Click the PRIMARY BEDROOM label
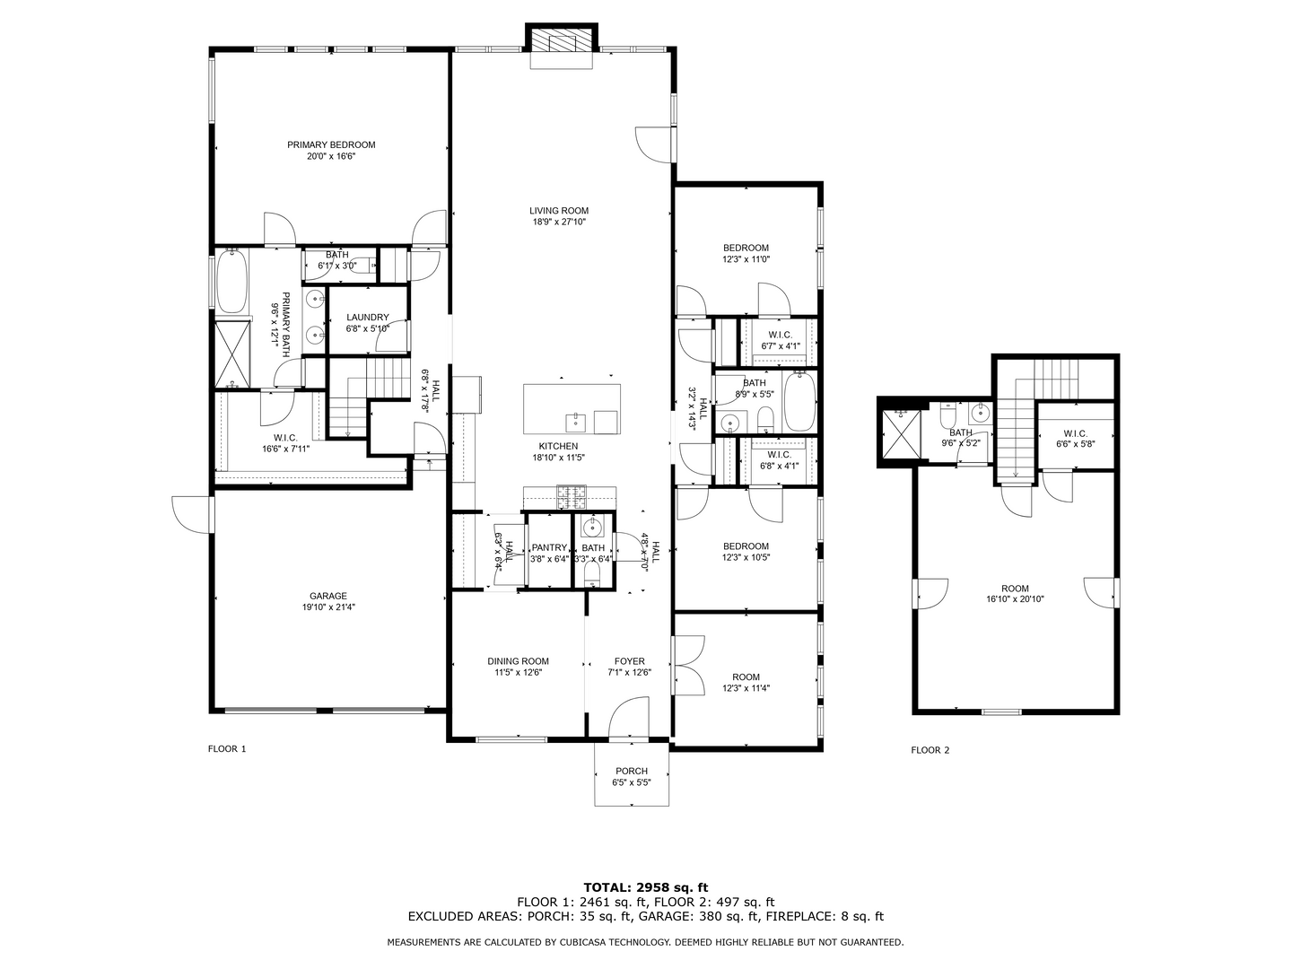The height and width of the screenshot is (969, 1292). (331, 144)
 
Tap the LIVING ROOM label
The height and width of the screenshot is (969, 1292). (559, 211)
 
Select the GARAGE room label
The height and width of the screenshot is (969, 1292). (328, 596)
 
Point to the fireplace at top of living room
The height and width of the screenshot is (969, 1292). (562, 40)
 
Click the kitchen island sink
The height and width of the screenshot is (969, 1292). (575, 423)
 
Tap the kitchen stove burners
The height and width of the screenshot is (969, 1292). (572, 497)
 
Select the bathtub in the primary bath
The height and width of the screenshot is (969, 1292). (231, 281)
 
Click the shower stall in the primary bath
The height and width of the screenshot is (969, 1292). (231, 354)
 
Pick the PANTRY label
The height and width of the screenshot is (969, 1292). (549, 547)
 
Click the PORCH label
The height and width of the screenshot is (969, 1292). (632, 771)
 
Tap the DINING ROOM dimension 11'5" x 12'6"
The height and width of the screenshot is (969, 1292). (518, 673)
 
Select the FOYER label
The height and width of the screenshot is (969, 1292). (630, 661)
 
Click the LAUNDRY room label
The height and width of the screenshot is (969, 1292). (367, 317)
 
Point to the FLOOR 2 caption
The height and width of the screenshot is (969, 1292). (930, 750)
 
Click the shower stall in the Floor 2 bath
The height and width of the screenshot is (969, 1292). (901, 433)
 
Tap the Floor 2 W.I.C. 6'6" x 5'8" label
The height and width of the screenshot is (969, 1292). (1076, 439)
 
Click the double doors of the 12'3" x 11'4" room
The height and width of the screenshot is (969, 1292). (688, 665)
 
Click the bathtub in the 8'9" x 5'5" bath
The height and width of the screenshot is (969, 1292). (800, 403)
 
